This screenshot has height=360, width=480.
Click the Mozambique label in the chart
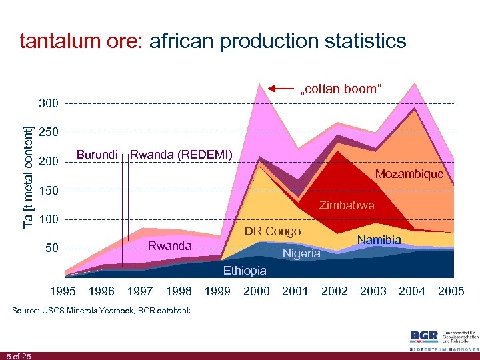pos(409,174)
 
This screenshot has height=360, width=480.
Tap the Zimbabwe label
pos(347,205)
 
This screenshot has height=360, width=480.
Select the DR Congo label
pos(273,231)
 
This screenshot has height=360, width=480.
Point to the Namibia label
pos(379,239)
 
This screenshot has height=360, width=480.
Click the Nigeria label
pos(301,253)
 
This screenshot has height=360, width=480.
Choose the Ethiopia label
pos(245,271)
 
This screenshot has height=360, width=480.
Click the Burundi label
pos(97,155)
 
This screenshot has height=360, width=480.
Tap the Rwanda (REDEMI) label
pos(181,155)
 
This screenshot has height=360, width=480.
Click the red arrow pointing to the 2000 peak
pos(280,88)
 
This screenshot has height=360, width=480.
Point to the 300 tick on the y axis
pos(49,104)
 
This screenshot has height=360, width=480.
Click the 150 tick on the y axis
pos(49,191)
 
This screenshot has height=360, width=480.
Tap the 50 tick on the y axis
pos(51,249)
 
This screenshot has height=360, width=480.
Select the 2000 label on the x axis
pos(257,291)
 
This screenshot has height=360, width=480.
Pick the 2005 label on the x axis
pos(451,291)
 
